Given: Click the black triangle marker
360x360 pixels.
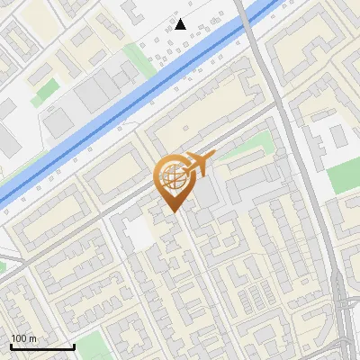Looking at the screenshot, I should pyautogui.click(x=181, y=24).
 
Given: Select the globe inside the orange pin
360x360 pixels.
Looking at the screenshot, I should pyautogui.click(x=172, y=178).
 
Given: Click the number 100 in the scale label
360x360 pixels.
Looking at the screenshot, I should pyautogui.click(x=19, y=337).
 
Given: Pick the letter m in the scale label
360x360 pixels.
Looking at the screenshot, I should pyautogui.click(x=32, y=337).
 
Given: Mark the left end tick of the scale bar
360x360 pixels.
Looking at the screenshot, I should pyautogui.click(x=10, y=346).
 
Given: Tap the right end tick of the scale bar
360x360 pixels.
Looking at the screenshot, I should pyautogui.click(x=74, y=346).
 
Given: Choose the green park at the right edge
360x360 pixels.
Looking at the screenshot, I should pyautogui.click(x=345, y=175).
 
